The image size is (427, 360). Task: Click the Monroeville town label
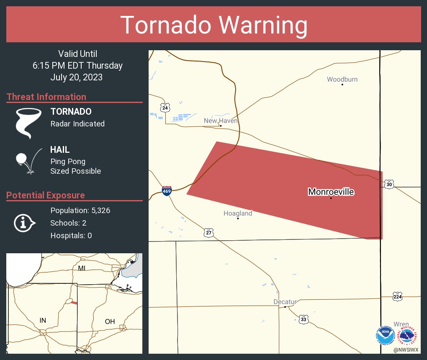coord(331,192)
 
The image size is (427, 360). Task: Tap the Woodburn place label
coord(342,80)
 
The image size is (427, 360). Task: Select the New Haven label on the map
coord(221,121)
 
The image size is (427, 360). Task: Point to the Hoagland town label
coord(238,213)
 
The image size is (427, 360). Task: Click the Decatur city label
coord(285,302)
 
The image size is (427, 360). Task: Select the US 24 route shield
coord(165,108)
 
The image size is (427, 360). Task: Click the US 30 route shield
coord(389,184)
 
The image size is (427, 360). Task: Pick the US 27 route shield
coord(208,233)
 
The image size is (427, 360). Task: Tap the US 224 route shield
coord(398,296)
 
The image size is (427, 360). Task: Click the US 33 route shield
coord(304,319)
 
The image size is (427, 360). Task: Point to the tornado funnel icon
coord(28,123)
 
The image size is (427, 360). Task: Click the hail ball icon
coord(21,159)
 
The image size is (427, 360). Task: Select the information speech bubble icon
coord(24,223)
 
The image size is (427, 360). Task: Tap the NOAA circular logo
coord(385,335)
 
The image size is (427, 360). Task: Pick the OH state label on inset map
coord(110,321)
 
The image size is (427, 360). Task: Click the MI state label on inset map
coord(82,268)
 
